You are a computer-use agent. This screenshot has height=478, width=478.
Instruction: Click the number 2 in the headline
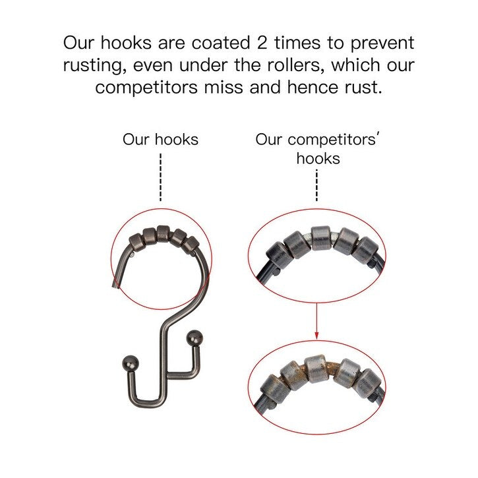pos(262,43)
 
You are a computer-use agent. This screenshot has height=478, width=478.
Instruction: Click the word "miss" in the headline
pos(224,87)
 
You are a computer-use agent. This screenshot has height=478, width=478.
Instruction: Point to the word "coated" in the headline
pos(221,43)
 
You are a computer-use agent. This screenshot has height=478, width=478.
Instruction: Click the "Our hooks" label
pos(160,140)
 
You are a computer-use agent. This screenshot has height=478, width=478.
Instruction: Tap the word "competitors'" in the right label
pos(317,140)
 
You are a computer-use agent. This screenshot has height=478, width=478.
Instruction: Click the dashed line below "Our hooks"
pos(161,177)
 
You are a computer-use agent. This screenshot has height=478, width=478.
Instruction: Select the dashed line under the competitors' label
pos(316,185)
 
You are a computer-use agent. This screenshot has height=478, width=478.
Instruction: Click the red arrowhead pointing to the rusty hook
pos(316,335)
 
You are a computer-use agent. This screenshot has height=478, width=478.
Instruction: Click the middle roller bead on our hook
pos(163,234)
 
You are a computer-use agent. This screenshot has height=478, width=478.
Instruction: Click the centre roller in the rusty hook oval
pos(316,369)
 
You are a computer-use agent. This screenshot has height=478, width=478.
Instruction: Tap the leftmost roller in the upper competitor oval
pos(278,255)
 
